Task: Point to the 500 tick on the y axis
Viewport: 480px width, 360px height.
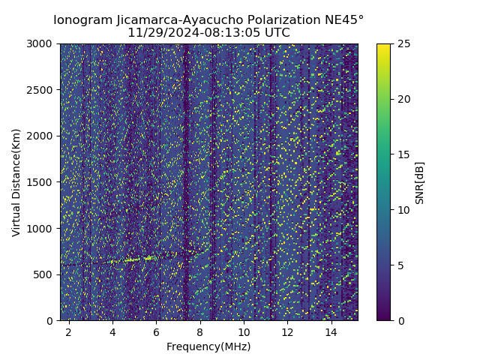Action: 45,274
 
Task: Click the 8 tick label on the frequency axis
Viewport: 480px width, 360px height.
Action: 200,331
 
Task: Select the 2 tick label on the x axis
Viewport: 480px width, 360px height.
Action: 69,331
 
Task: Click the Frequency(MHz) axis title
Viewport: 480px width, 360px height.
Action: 208,346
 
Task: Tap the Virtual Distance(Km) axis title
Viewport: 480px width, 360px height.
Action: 16,182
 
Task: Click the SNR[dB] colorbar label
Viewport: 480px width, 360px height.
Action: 420,182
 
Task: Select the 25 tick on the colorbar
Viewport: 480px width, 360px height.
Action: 403,43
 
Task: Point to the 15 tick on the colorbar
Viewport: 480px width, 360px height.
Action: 403,154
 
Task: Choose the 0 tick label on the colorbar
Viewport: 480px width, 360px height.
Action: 400,320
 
